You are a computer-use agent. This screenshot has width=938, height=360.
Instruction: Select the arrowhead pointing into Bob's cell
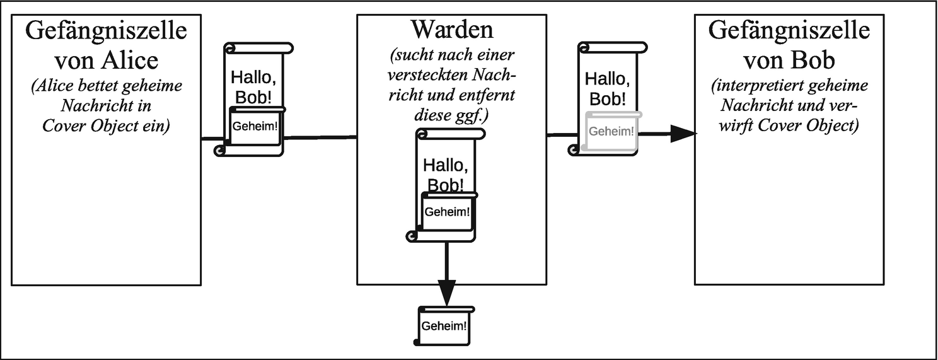pos(682,134)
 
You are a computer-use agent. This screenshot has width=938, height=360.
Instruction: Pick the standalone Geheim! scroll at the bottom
pos(444,327)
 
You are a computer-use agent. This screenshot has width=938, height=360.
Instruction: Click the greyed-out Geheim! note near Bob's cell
pos(611,131)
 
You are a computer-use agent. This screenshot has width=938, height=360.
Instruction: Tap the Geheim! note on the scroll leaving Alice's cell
pos(255,125)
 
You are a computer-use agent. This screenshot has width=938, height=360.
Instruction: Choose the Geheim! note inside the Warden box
pos(447,211)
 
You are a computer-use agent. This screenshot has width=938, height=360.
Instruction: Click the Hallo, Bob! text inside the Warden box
pos(446,175)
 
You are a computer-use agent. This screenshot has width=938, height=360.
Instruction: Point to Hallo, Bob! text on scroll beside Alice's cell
pos(255,87)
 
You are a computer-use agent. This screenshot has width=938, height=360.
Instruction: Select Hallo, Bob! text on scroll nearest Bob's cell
pos(610,88)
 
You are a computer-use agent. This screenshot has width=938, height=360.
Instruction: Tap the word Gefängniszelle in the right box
pos(789,31)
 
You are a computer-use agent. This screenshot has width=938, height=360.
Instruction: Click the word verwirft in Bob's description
pos(732,125)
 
